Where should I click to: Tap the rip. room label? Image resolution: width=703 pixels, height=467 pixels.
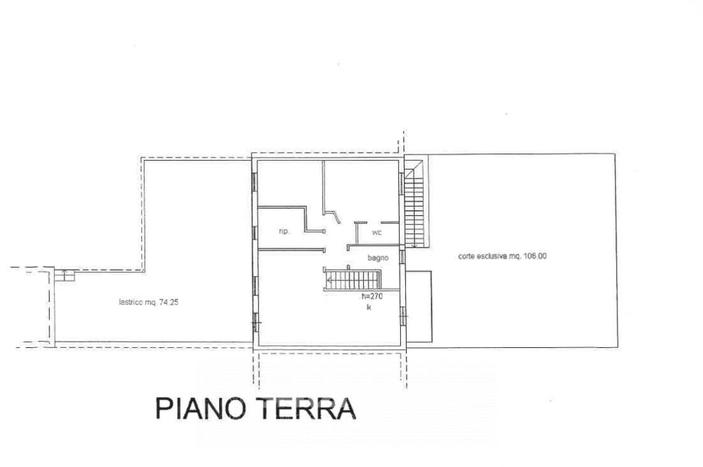point(284,231)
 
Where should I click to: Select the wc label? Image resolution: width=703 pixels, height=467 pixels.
point(377,232)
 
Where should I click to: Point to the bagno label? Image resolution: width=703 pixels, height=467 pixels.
point(378,257)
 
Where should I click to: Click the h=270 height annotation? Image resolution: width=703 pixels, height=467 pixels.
point(372,296)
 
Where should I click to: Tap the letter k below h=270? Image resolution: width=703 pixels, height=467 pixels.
point(369,307)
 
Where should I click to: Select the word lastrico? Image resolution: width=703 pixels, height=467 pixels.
point(131,303)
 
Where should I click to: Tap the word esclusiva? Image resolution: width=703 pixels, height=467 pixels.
point(492,256)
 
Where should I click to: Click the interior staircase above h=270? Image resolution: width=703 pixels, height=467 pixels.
point(352,280)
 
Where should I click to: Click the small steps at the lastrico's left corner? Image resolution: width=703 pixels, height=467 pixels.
point(64,275)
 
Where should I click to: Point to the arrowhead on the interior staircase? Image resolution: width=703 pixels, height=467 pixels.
point(330,281)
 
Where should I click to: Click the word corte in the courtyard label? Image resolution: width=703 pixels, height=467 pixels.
point(467,256)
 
